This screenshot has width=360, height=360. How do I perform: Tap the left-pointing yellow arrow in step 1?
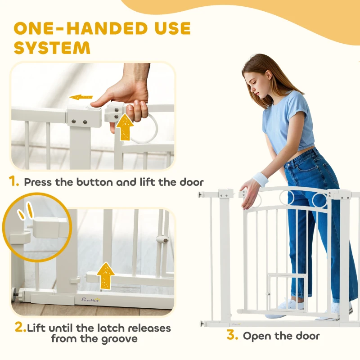point(81,97)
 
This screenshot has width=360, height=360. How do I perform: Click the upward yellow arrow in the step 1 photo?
point(125,127)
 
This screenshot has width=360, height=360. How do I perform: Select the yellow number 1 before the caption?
point(14,182)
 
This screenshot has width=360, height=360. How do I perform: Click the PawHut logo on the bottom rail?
point(90,299)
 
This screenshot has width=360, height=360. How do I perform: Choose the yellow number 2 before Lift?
point(20,327)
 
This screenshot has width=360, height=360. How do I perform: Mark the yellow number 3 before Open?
point(231,335)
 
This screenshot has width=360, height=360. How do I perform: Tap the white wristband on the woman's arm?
point(261,180)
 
